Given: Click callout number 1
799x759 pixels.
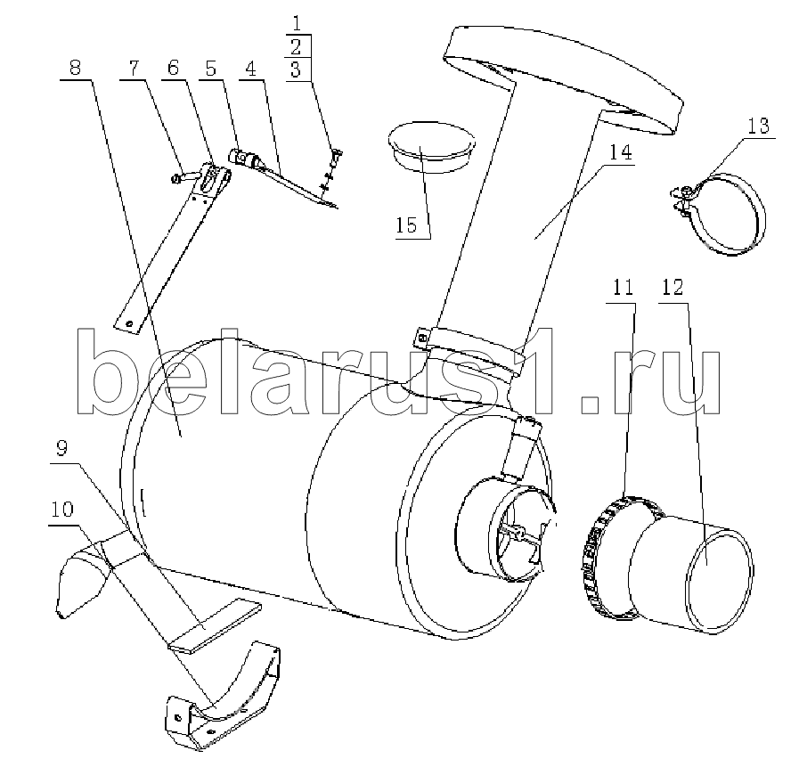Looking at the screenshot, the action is [x=297, y=23].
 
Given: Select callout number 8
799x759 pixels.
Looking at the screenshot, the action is [x=75, y=67].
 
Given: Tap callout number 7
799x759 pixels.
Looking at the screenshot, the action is [x=134, y=67].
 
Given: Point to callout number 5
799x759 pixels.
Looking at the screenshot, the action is [x=210, y=68].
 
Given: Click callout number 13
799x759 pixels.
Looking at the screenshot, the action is [x=758, y=125].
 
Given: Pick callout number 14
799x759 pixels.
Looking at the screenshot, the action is [x=621, y=152].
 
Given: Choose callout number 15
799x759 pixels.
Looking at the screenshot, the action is [x=407, y=224].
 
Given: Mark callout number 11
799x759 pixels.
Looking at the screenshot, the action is [x=623, y=287].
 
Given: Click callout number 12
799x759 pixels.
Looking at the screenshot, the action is [x=673, y=287].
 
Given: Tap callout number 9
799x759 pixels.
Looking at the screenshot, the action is [x=61, y=449].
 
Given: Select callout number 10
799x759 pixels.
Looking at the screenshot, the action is [x=62, y=509].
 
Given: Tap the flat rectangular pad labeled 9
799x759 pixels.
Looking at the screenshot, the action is [x=215, y=626].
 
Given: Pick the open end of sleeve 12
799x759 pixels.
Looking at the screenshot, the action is [x=720, y=581].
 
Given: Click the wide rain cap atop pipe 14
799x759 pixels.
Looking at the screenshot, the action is [x=563, y=77].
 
